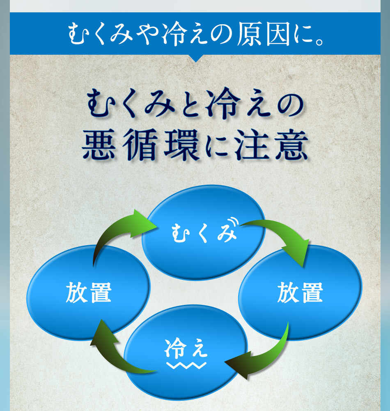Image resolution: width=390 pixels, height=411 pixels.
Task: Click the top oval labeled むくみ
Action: click(204, 232)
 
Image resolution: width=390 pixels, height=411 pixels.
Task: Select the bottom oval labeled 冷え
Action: click(186, 352)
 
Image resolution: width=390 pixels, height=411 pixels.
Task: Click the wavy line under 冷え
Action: click(186, 365)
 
